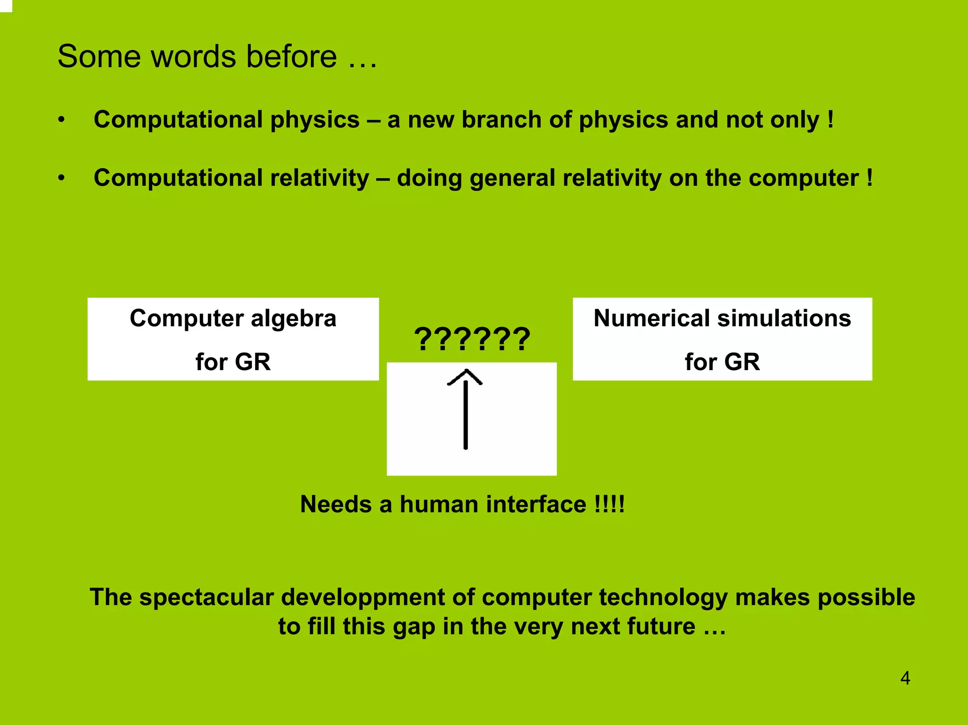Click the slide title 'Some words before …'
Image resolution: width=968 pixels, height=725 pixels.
click(x=217, y=57)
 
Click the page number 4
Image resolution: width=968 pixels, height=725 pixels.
click(x=905, y=678)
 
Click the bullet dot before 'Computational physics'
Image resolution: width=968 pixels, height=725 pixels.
click(x=61, y=120)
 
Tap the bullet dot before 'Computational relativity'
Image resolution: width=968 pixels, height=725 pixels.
click(x=61, y=178)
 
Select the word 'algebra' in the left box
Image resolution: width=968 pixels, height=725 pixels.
click(x=293, y=318)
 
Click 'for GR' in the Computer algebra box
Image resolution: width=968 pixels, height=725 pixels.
click(x=233, y=362)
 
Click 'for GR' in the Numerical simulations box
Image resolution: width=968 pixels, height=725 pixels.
click(x=722, y=362)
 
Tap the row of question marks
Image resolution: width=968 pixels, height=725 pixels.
click(x=472, y=339)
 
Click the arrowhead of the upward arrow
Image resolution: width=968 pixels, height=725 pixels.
click(x=465, y=377)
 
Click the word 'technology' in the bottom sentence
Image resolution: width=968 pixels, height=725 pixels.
click(x=663, y=597)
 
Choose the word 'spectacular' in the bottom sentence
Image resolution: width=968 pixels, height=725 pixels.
click(x=207, y=597)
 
